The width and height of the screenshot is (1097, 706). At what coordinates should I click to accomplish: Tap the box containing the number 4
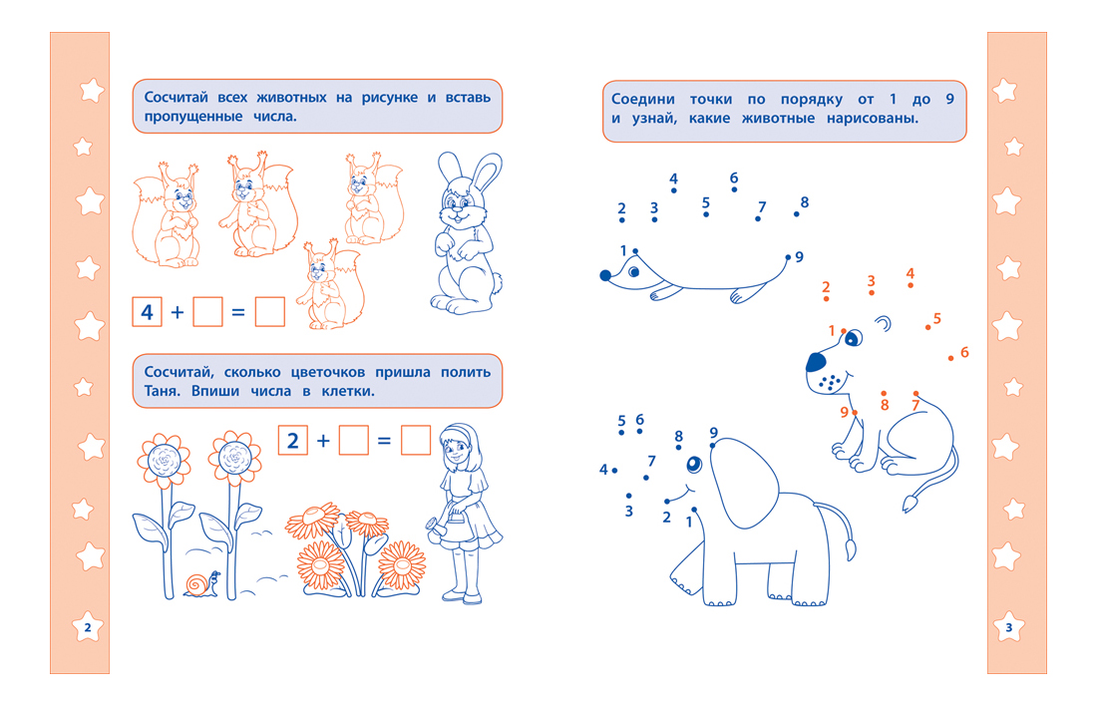[147, 312]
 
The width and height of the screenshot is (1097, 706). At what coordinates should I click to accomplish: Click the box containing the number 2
[293, 441]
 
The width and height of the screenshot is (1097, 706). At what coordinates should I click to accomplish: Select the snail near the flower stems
[202, 584]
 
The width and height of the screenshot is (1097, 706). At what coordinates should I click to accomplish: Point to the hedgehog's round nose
[606, 275]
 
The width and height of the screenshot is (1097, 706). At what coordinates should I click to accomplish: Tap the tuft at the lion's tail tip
[910, 504]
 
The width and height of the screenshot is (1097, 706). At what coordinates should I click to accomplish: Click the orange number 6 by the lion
[964, 352]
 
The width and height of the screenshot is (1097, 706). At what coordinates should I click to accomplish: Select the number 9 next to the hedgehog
[799, 257]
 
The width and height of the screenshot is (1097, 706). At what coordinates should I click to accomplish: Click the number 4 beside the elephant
[603, 470]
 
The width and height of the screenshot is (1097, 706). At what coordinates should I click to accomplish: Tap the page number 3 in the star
[1009, 627]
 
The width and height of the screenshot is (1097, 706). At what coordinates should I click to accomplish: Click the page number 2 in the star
[88, 627]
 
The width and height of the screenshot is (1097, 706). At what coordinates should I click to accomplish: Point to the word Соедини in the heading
[643, 100]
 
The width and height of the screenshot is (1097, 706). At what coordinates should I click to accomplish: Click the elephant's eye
[694, 464]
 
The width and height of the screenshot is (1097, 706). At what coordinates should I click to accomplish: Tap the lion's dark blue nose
[816, 362]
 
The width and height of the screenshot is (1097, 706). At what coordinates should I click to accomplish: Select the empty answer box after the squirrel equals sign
[270, 312]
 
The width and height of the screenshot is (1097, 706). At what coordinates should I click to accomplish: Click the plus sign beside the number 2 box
[323, 441]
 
